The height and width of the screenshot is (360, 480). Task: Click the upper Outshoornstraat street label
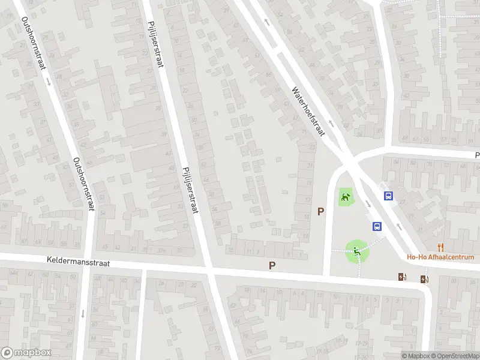point(34,43)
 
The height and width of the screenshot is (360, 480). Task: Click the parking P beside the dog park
point(321,211)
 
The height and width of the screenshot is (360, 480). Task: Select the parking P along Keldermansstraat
point(272,265)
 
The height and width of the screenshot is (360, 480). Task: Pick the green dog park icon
point(345,197)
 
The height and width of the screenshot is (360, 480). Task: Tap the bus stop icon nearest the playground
point(377,226)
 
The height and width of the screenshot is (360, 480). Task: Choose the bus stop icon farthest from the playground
point(389,196)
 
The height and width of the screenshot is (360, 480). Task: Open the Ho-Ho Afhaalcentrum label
point(440,257)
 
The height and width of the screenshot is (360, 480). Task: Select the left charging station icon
point(401,277)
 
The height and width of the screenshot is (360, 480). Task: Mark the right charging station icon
point(425,278)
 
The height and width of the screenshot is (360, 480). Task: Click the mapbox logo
point(26,353)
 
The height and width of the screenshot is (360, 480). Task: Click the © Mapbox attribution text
point(416,356)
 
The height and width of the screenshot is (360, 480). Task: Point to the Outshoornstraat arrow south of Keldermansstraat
point(82,313)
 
